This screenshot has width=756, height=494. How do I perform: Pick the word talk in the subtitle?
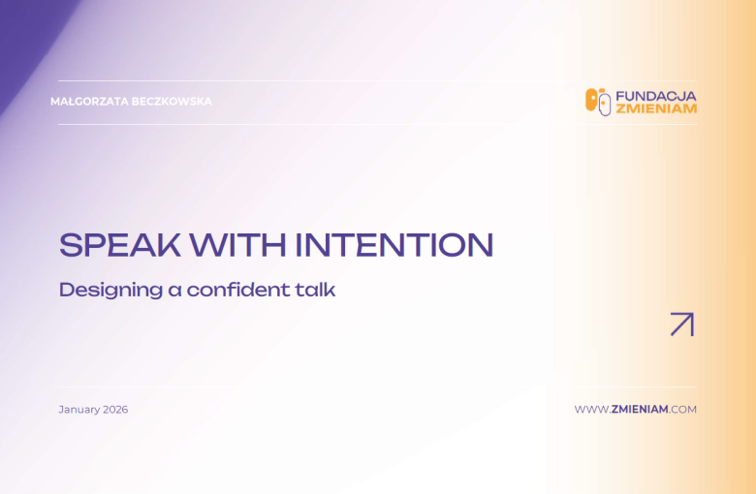pyautogui.click(x=316, y=289)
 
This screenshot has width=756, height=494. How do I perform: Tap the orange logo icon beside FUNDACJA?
pyautogui.click(x=597, y=102)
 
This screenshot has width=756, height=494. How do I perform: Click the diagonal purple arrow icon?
pyautogui.click(x=682, y=324)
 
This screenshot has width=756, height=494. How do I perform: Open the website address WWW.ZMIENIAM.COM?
pyautogui.click(x=635, y=410)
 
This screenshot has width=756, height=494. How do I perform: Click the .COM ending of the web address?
pyautogui.click(x=682, y=410)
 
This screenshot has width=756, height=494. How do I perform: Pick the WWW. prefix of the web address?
pyautogui.click(x=591, y=410)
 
